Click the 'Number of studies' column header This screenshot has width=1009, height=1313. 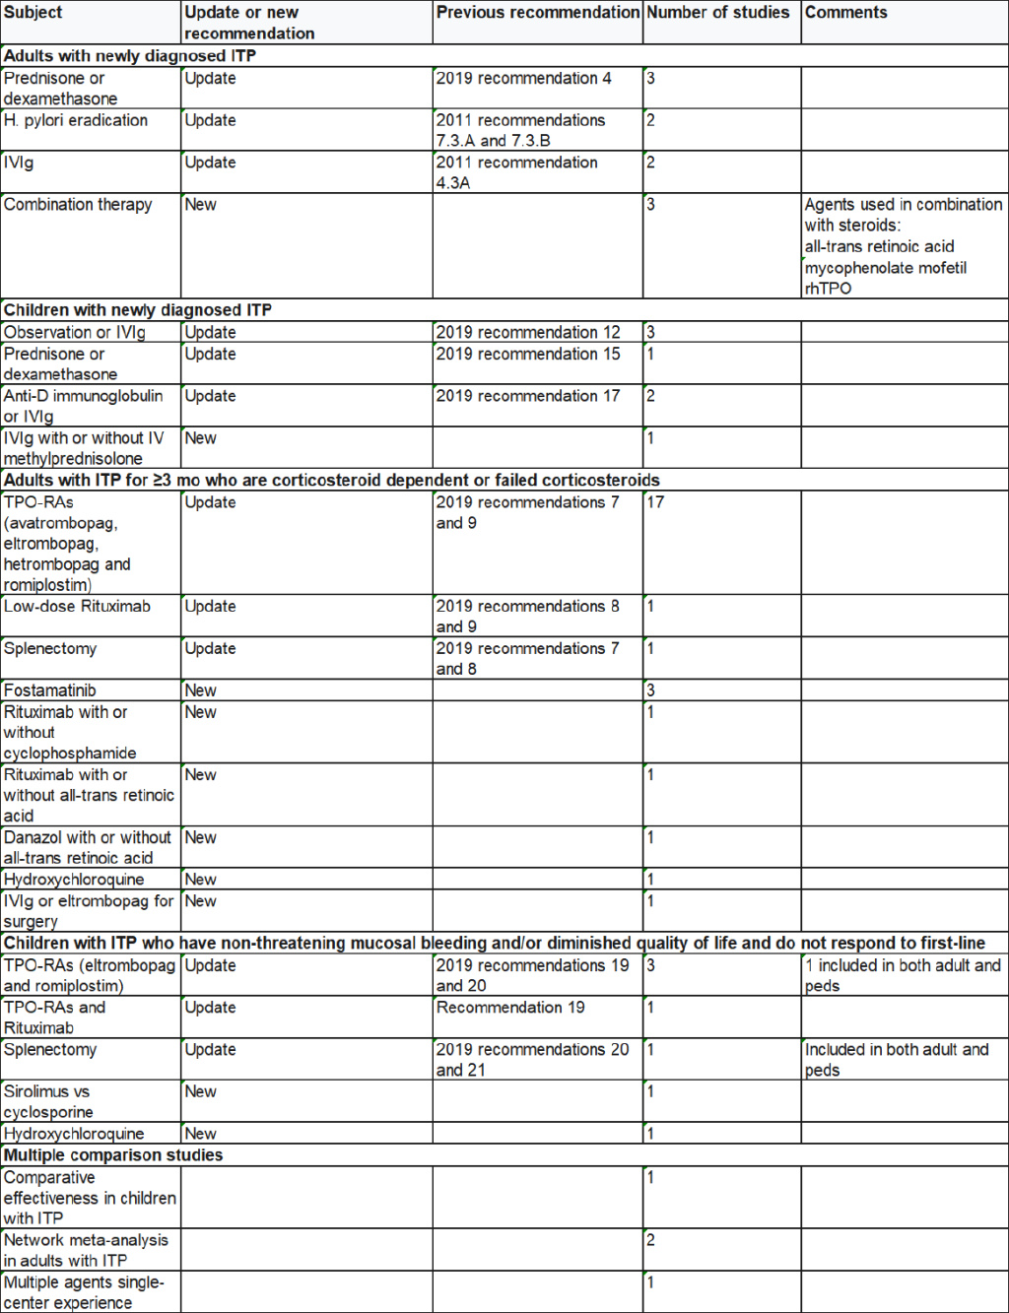(x=717, y=13)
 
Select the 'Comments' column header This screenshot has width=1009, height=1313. (x=845, y=13)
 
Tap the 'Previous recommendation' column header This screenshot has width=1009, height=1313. (x=537, y=13)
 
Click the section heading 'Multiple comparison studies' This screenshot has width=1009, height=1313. (x=113, y=1155)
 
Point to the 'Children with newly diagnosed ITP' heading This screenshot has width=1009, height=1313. (x=138, y=310)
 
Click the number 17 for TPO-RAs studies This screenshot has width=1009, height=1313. (x=655, y=502)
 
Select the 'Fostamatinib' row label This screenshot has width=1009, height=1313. (x=50, y=690)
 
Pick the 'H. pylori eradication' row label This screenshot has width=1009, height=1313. (x=76, y=120)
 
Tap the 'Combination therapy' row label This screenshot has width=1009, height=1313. (x=78, y=205)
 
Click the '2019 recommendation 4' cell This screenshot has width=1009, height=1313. (x=523, y=79)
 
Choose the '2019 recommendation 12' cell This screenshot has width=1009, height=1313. (x=528, y=333)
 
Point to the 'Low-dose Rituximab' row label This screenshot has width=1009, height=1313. (x=77, y=607)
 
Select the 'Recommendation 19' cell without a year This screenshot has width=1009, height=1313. (x=510, y=1008)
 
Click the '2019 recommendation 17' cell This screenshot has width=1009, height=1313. (x=528, y=396)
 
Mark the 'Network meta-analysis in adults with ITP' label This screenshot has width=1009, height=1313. (x=86, y=1250)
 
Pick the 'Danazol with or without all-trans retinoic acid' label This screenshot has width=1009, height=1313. (x=88, y=848)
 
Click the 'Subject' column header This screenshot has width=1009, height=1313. (x=33, y=13)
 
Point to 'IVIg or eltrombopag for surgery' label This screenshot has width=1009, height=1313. (x=88, y=911)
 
